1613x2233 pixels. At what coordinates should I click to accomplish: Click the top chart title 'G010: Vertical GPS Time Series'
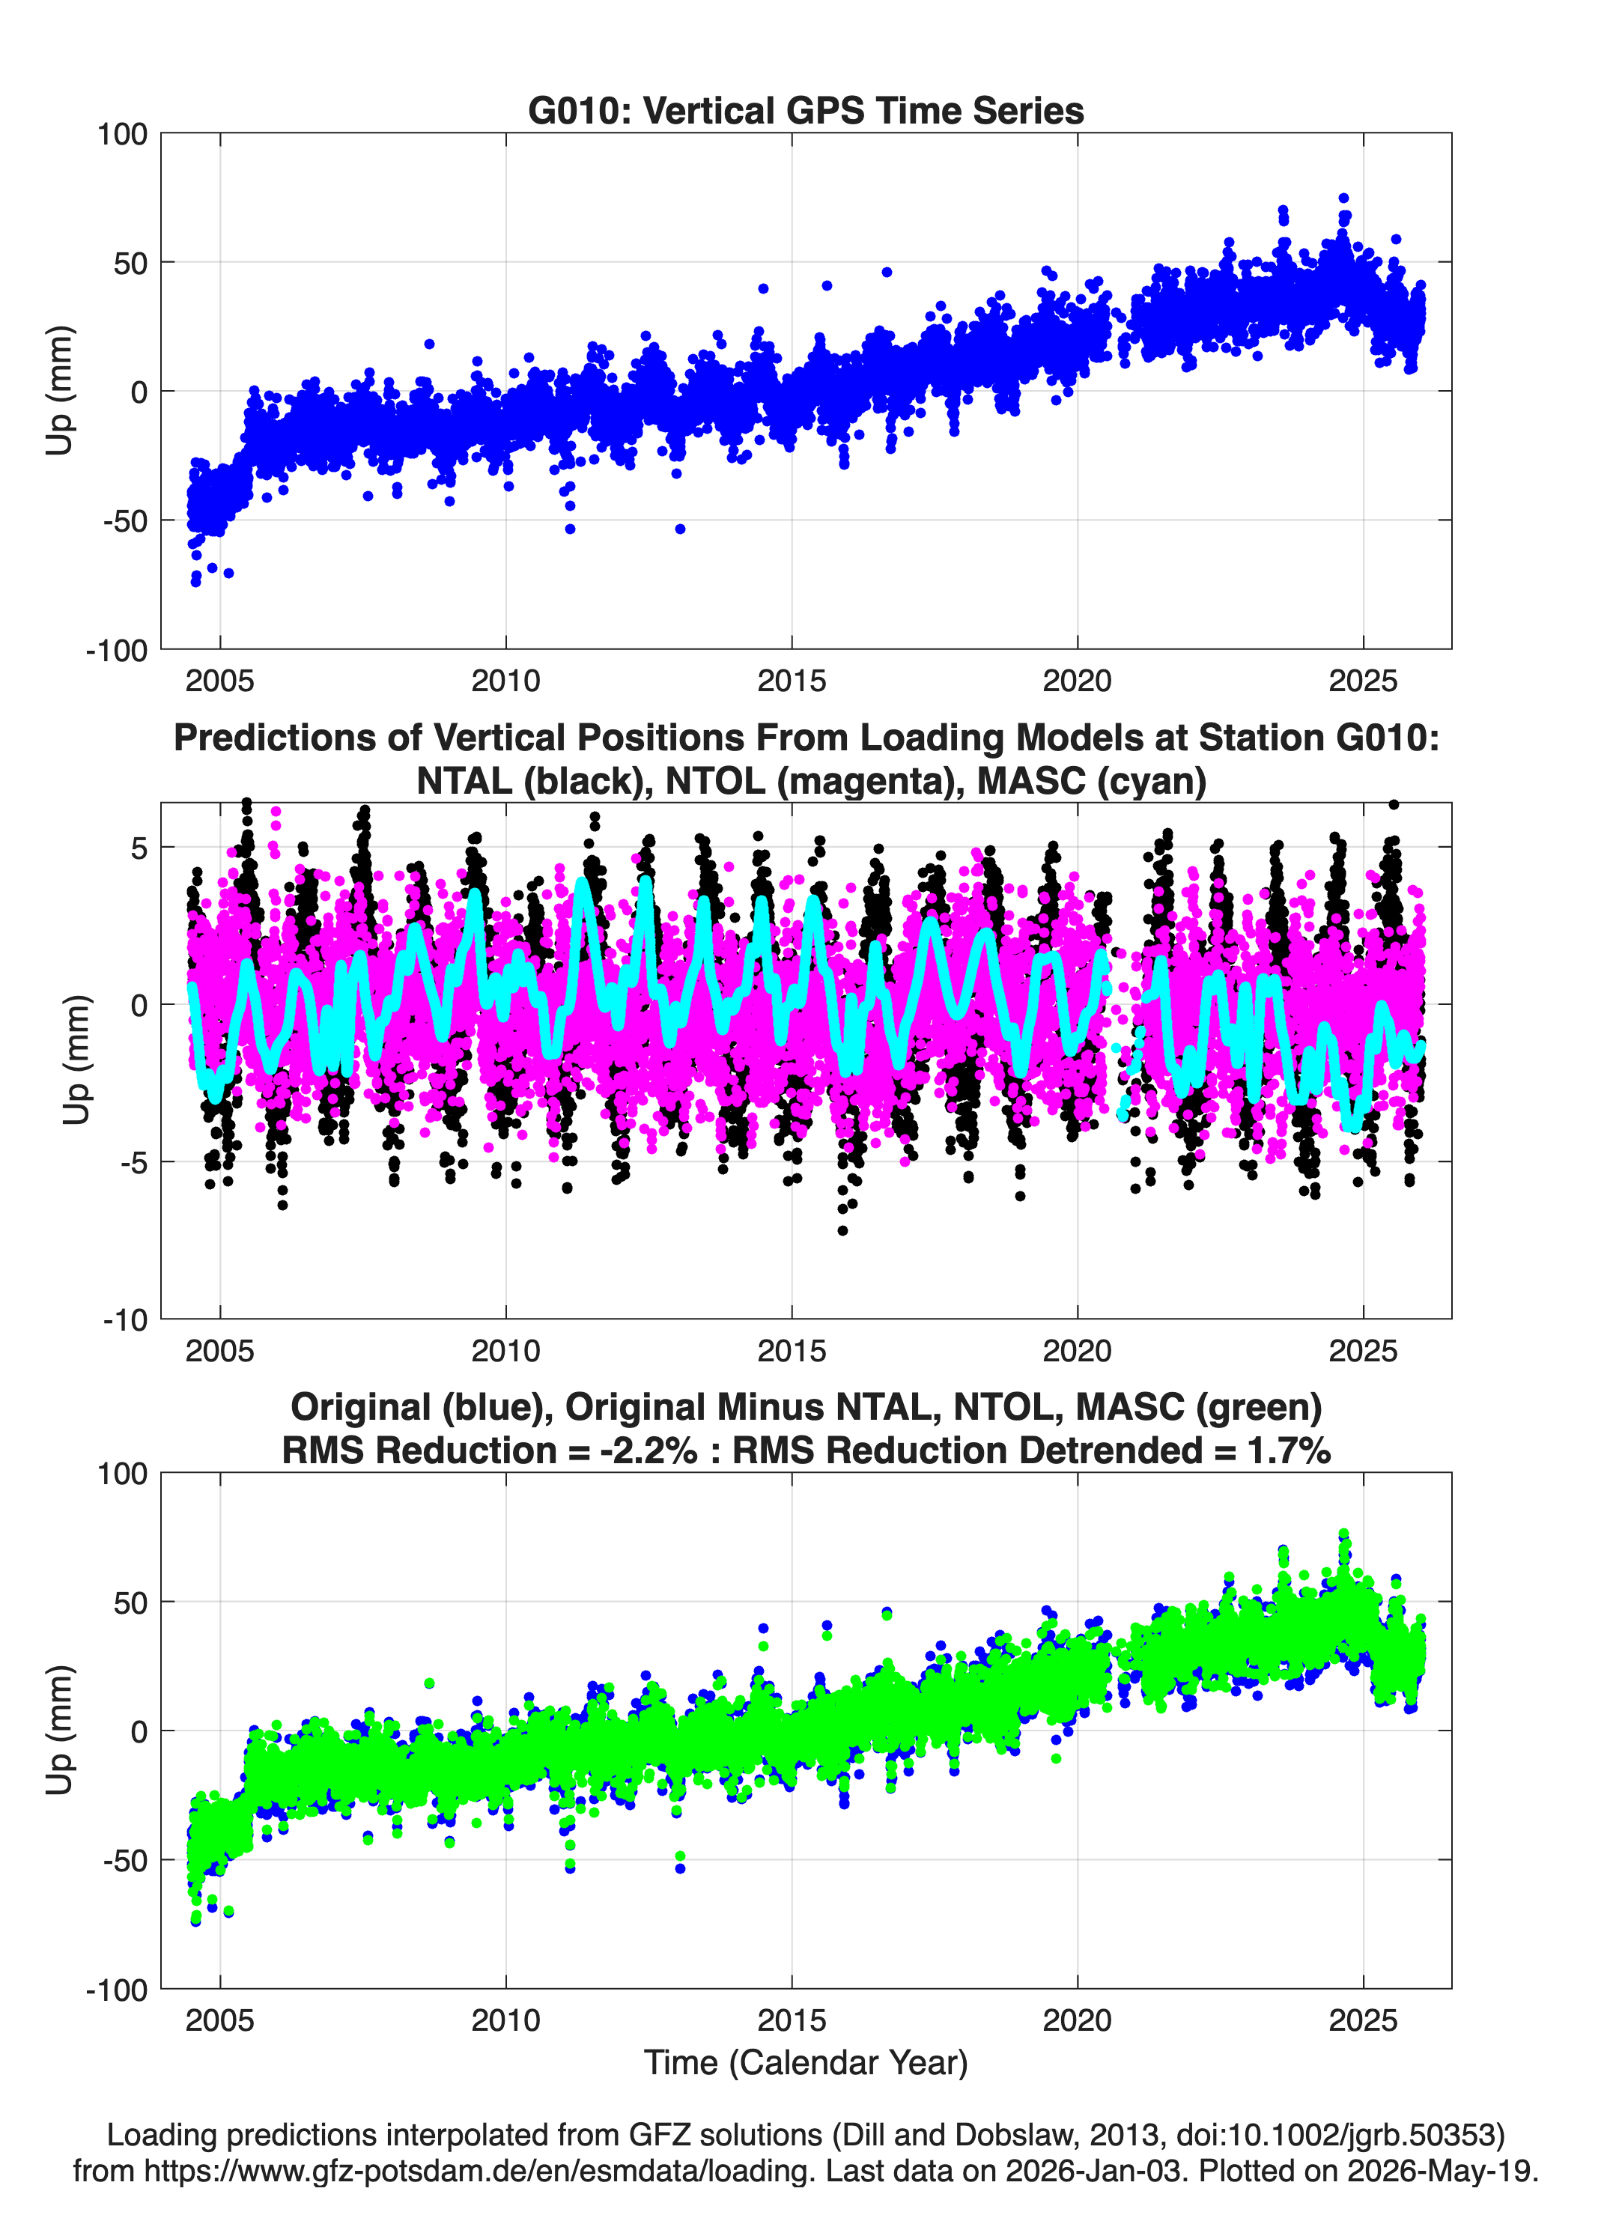coord(806,110)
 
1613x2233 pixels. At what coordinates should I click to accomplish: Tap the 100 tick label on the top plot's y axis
coord(122,134)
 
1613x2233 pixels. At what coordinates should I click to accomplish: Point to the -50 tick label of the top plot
coord(125,521)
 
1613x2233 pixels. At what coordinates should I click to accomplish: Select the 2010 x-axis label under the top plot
coord(505,681)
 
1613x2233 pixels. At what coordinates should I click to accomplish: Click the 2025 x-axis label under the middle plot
coord(1363,1351)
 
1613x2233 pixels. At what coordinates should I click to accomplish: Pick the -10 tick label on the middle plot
coord(125,1320)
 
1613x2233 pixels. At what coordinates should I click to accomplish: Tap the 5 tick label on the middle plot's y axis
coord(139,848)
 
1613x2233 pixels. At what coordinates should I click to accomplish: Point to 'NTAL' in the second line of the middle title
coord(465,781)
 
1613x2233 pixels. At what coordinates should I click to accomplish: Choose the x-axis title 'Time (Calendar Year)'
coord(806,2063)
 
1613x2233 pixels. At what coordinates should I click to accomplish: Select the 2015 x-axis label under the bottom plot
coord(792,2020)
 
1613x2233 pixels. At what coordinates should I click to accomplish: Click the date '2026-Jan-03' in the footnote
coord(1094,2171)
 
